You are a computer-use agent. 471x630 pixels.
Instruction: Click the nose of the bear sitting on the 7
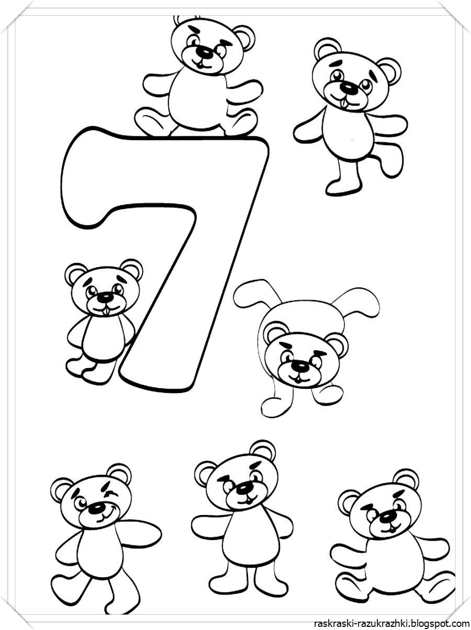(x=204, y=52)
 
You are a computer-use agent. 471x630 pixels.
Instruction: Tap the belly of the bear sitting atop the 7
(x=198, y=98)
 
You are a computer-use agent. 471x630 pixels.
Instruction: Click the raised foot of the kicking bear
(x=391, y=161)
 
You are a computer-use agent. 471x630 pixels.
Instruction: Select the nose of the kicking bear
(x=348, y=87)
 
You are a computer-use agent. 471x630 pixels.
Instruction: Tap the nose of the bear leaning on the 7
(x=104, y=297)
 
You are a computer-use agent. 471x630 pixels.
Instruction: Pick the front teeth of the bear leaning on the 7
(x=107, y=311)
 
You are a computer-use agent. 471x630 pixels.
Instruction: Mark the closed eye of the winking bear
(x=110, y=494)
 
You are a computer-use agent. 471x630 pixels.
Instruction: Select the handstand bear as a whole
(x=306, y=348)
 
